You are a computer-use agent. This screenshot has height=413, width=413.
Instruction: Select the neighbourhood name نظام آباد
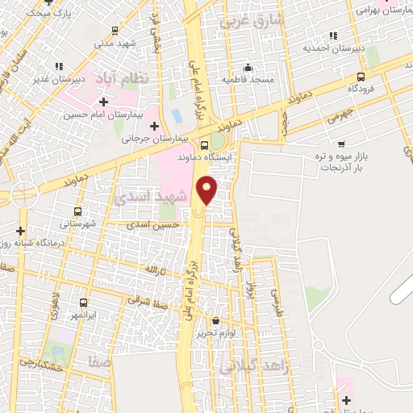124,78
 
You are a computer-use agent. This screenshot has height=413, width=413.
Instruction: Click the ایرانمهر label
81,314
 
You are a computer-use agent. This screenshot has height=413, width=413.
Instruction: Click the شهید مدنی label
115,44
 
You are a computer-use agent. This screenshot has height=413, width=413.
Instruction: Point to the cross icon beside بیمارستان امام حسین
103,102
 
